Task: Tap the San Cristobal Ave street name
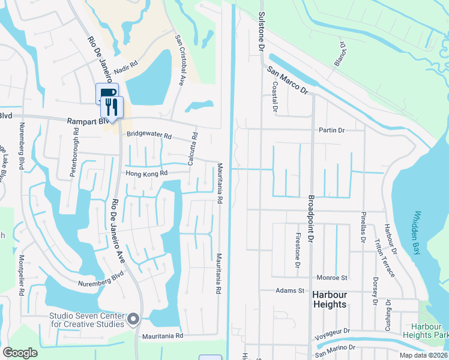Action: click(x=179, y=59)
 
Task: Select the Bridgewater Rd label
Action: click(x=149, y=136)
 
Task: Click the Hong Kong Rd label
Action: click(x=146, y=173)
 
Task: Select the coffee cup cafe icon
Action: click(x=105, y=93)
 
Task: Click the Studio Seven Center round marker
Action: click(x=133, y=319)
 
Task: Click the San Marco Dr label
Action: click(x=288, y=80)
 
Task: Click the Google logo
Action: click(x=20, y=353)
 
